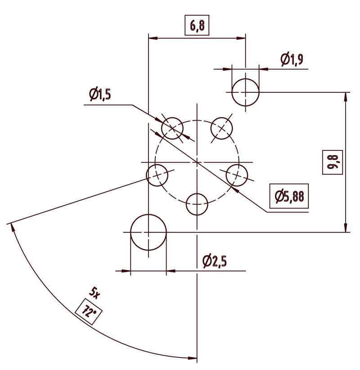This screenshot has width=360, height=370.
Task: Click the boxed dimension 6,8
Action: [197, 26]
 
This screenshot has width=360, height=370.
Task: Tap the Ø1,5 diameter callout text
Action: [99, 95]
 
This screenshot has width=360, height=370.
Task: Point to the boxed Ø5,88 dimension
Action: [288, 196]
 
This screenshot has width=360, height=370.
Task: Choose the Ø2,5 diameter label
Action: [214, 261]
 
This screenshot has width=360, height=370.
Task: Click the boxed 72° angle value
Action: [88, 311]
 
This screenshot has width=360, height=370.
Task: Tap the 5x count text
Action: [94, 293]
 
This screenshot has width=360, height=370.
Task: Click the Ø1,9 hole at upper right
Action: [245, 92]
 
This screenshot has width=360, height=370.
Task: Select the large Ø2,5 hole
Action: [148, 233]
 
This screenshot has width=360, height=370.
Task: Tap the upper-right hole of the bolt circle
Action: [222, 128]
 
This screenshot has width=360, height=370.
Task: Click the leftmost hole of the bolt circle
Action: [157, 175]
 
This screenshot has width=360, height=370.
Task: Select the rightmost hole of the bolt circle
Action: [237, 175]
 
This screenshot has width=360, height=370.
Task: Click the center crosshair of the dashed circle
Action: [197, 162]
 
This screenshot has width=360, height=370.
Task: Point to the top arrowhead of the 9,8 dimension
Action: [346, 96]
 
